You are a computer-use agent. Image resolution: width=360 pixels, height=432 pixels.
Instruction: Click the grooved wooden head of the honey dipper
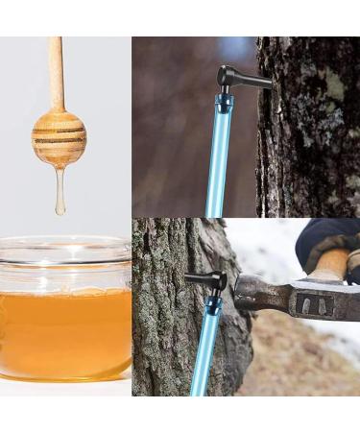point(59,138)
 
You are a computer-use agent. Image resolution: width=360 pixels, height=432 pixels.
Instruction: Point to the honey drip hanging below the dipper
point(60,192)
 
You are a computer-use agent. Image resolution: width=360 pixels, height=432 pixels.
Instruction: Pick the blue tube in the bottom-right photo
point(205,355)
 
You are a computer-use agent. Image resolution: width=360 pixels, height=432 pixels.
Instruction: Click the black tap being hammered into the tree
point(210,281)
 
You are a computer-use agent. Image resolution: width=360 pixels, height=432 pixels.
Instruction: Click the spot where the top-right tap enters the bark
point(267,84)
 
